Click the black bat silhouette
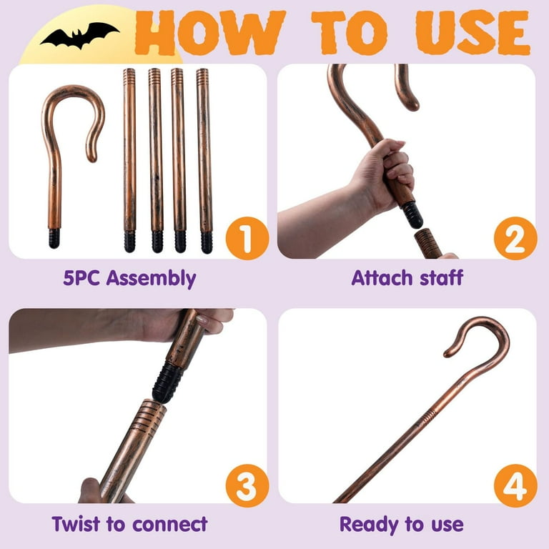pos(79,35)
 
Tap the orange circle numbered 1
pos(247,238)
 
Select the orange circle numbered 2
pos(515,238)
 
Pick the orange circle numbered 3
pos(247,485)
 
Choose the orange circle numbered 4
pos(515,485)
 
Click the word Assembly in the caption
pos(151,278)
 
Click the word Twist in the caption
pos(77,524)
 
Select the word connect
pos(170,525)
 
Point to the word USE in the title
pos(473,33)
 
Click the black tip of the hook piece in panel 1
pos(54,239)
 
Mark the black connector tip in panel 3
pos(167,382)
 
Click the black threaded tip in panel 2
pos(412,214)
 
